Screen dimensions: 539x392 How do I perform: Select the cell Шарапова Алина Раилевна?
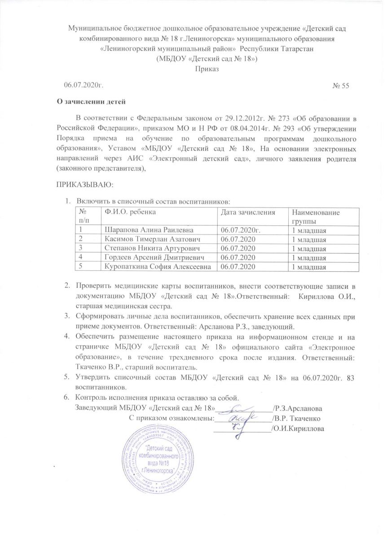[x=146, y=230]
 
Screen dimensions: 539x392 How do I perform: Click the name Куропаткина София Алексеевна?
[x=159, y=267]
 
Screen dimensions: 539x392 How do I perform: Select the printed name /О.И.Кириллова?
[x=296, y=429]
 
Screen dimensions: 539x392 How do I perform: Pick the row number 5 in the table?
[x=81, y=267]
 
